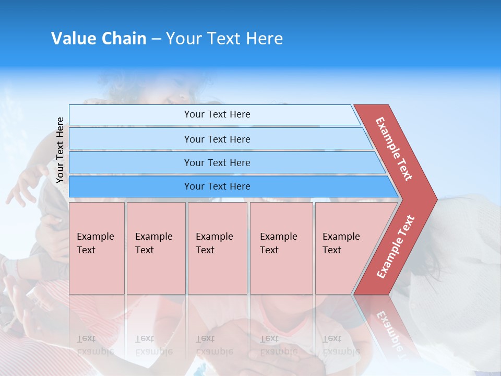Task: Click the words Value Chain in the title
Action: (99, 39)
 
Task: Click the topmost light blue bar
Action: (130, 115)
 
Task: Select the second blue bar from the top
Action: (130, 139)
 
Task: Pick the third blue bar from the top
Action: (130, 162)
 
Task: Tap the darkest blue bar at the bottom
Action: (130, 186)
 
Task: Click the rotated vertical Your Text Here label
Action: (60, 150)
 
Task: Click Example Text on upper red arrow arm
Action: (394, 149)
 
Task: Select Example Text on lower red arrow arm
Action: (396, 247)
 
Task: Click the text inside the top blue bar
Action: (217, 114)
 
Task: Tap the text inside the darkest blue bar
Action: (217, 186)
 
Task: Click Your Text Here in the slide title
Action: (224, 39)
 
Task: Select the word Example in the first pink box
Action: (95, 237)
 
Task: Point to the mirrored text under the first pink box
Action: (95, 345)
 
